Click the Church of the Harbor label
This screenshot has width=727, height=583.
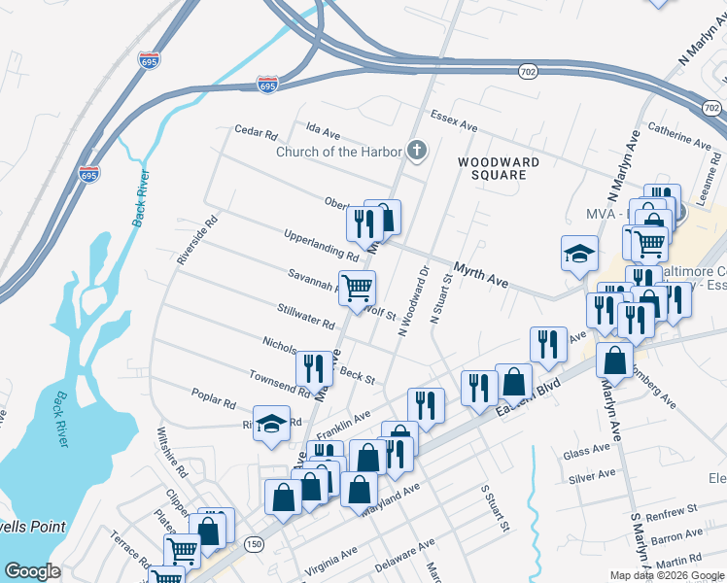[338, 152]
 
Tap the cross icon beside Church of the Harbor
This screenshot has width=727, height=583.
[417, 151]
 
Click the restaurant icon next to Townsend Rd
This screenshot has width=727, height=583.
[313, 367]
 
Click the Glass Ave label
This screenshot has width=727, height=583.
[585, 454]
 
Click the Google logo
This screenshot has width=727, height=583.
[32, 570]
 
